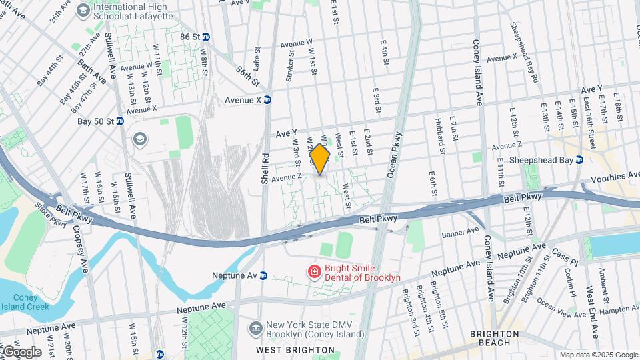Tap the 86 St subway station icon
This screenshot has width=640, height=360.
pyautogui.click(x=207, y=37)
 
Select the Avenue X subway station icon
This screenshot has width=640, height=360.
pyautogui.click(x=267, y=100)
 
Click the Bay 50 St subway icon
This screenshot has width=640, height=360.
pyautogui.click(x=120, y=121)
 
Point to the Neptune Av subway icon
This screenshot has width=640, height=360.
pyautogui.click(x=263, y=275)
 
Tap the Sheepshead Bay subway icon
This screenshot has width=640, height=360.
pyautogui.click(x=579, y=160)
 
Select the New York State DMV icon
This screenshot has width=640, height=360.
pyautogui.click(x=255, y=328)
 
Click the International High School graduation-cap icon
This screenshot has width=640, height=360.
pyautogui.click(x=83, y=10)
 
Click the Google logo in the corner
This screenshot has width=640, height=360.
pyautogui.click(x=21, y=351)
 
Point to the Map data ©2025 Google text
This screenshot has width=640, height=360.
pyautogui.click(x=598, y=355)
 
